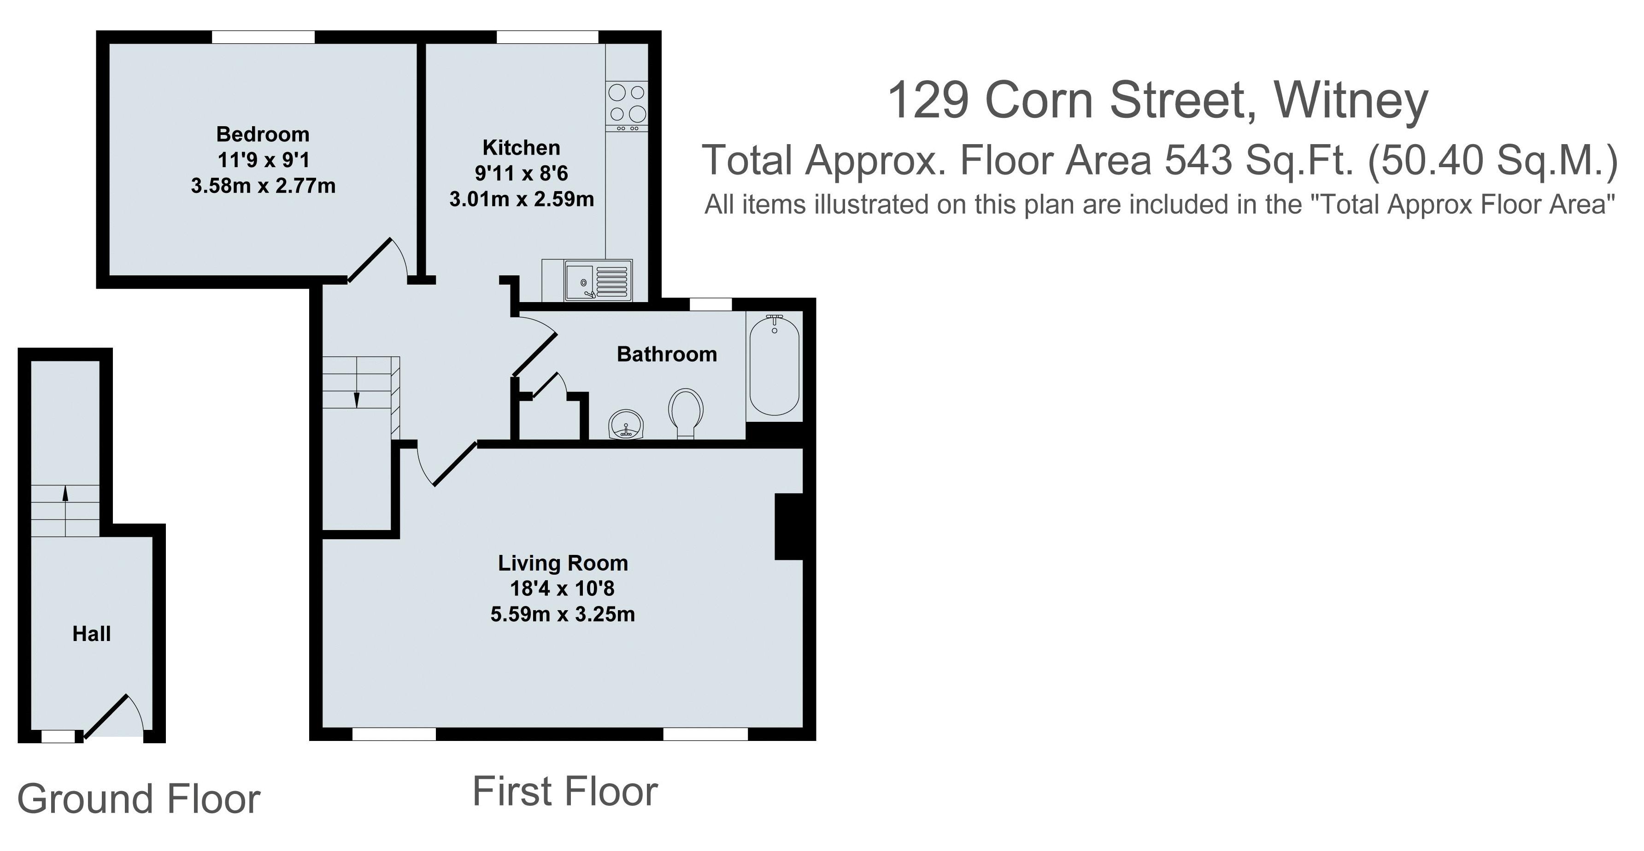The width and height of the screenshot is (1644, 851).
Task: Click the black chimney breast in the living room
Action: [788, 526]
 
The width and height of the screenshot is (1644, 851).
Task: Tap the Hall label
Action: [91, 634]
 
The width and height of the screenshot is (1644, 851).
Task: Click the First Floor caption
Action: [565, 792]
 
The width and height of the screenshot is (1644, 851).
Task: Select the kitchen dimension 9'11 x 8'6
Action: [521, 173]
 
